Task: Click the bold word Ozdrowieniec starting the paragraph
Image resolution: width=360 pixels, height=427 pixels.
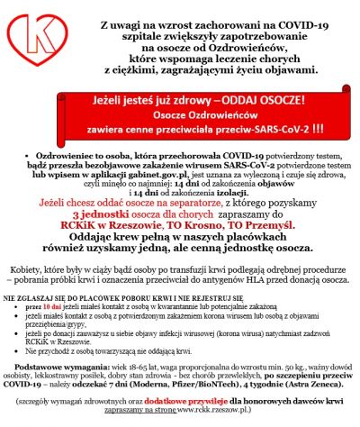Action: click(44, 157)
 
